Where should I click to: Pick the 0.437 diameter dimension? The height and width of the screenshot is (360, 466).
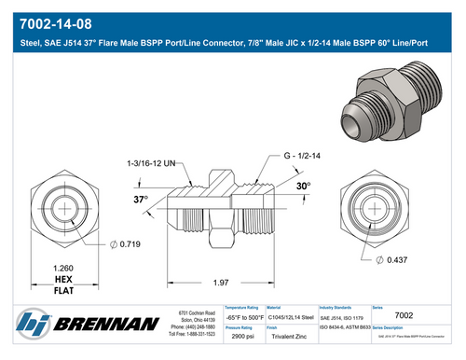coord(395,258)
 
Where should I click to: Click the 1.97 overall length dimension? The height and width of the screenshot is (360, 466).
coord(220,283)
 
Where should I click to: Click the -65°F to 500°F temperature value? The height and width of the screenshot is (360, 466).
coord(245,317)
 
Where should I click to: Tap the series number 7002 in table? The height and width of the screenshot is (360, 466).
coord(404,316)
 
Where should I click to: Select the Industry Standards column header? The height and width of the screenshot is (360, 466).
coord(341,307)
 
